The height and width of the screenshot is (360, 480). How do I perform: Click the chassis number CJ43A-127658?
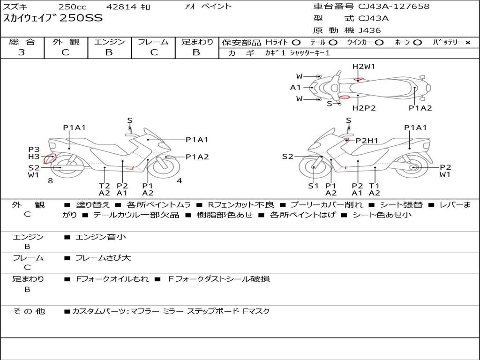click(x=394, y=7)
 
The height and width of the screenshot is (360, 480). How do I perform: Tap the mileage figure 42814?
click(x=122, y=7)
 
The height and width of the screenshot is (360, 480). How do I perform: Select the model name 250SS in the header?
click(x=81, y=18)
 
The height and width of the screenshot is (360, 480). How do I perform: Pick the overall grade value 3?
click(x=22, y=52)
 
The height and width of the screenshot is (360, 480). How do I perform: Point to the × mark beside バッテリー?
click(x=468, y=43)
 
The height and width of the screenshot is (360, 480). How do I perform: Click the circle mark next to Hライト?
click(x=296, y=43)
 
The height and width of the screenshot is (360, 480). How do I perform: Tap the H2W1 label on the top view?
click(x=363, y=67)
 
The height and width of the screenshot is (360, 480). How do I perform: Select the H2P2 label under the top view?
click(x=364, y=108)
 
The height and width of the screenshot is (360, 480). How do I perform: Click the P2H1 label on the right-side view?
click(x=367, y=141)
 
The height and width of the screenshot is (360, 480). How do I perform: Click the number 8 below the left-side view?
click(x=51, y=180)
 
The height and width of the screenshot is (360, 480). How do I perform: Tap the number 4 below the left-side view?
click(x=180, y=180)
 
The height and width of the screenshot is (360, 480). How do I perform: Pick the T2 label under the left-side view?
click(x=105, y=186)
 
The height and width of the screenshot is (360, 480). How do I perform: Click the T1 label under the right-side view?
click(x=375, y=186)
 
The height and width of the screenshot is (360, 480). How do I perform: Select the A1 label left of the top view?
click(x=295, y=88)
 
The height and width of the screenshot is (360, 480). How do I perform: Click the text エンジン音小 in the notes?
click(x=101, y=237)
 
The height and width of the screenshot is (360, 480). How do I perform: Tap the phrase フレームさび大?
click(x=103, y=258)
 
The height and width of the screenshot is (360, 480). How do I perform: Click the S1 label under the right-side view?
click(x=314, y=186)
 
